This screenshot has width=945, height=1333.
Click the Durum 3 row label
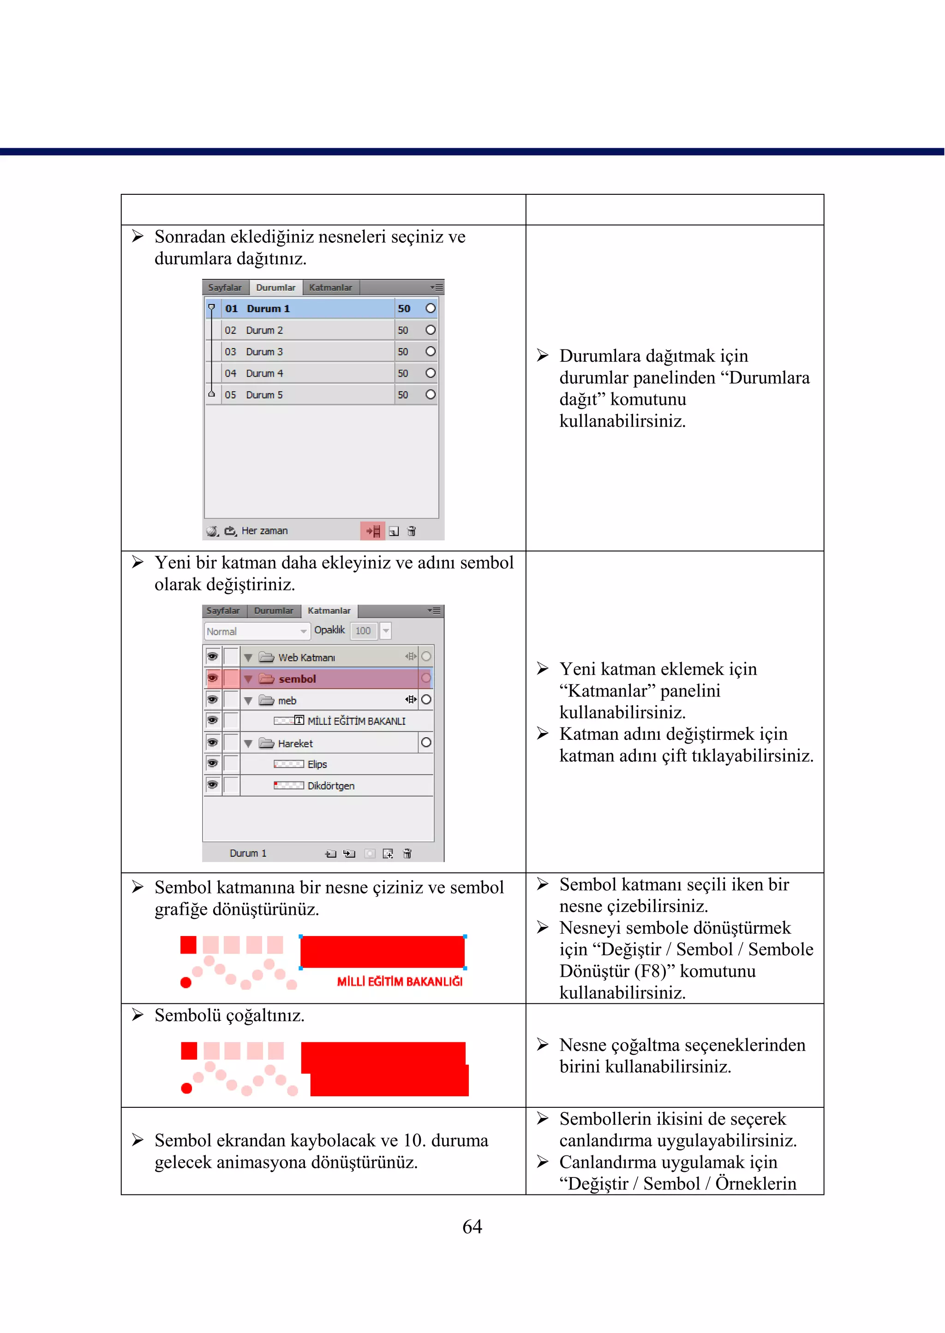tap(264, 352)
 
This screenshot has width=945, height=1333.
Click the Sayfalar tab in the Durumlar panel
tap(225, 288)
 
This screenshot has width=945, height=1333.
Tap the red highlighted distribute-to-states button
tap(372, 531)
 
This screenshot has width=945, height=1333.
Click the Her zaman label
tap(264, 531)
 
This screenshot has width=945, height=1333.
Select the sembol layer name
tap(297, 679)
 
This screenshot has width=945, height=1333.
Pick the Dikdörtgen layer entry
tap(330, 786)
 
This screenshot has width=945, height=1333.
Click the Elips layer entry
tap(317, 764)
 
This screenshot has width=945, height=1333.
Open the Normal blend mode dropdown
tap(256, 631)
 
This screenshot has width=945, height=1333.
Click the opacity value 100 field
tap(363, 631)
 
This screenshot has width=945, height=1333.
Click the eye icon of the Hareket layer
tap(212, 743)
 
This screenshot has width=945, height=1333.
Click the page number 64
tap(472, 1226)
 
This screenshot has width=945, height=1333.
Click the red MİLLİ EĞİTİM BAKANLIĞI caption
tap(400, 981)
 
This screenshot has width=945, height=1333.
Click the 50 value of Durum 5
tap(403, 395)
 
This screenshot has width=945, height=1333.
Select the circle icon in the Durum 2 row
tap(431, 330)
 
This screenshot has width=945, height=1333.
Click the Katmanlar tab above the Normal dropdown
tap(329, 611)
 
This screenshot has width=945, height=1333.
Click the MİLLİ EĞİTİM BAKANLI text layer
tap(356, 721)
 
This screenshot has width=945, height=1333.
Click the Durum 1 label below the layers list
tap(248, 853)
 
